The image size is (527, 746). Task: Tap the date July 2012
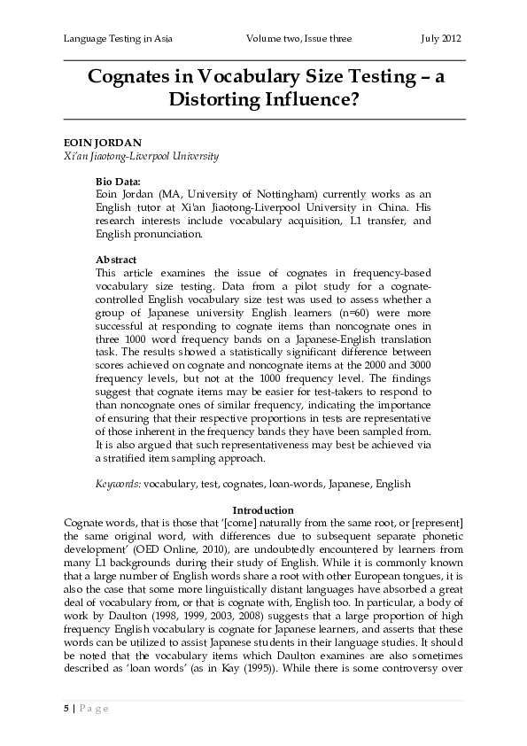(440, 39)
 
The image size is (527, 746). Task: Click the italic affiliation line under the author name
(141, 156)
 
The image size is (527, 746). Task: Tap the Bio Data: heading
(119, 180)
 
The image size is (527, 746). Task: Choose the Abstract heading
(115, 260)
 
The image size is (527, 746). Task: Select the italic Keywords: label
(118, 486)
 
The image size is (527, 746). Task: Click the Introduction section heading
(263, 510)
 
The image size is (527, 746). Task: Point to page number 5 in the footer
(66, 709)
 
